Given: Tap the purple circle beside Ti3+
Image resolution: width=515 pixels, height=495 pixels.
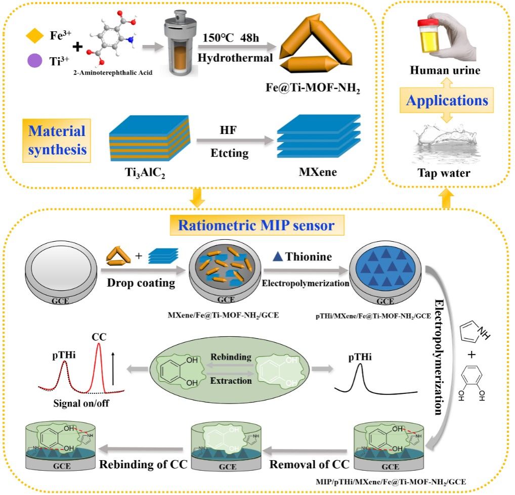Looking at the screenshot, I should (x=34, y=61).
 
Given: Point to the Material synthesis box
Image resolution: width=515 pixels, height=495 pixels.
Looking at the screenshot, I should (x=57, y=141).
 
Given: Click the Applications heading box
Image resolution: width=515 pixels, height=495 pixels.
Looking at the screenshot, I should (x=447, y=101).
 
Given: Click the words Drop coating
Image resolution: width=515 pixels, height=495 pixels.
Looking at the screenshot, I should (x=141, y=283).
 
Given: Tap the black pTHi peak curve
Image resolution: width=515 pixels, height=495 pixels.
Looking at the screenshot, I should (x=360, y=374).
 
